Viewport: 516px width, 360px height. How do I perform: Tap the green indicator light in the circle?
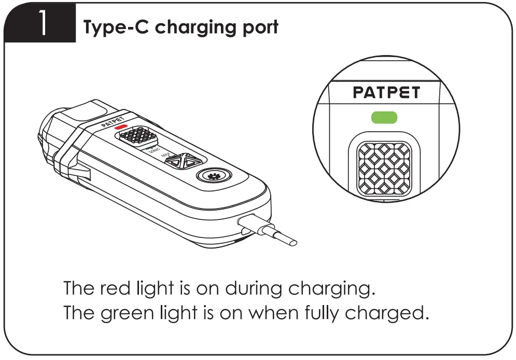384,117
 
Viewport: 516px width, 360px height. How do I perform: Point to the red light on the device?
121,127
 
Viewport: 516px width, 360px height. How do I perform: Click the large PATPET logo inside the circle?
386,93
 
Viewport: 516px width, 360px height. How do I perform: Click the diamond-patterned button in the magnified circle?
384,168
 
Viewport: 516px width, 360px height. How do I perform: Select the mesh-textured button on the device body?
137,136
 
